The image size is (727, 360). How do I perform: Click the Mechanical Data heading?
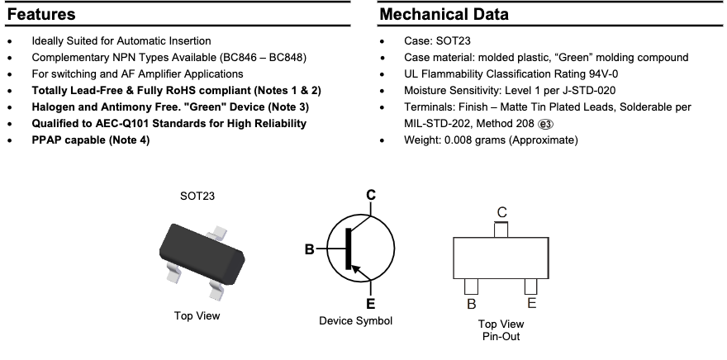[x=444, y=15]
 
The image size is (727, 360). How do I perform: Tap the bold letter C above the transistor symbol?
[x=371, y=195]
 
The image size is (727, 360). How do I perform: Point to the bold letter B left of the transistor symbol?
[x=309, y=249]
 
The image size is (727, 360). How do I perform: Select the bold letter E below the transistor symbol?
[x=371, y=302]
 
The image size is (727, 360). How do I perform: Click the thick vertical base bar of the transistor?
[x=347, y=248]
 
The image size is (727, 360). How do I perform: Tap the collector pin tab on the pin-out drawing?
[x=501, y=229]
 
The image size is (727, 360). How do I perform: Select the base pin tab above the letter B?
[x=471, y=287]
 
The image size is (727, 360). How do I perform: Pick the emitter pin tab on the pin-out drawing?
[x=530, y=287]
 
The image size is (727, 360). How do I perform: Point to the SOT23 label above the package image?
[x=197, y=197]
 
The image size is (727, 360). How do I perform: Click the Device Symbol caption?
[x=355, y=320]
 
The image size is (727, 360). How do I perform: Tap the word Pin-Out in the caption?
[x=501, y=336]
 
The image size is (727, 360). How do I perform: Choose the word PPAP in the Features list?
[x=48, y=140]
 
